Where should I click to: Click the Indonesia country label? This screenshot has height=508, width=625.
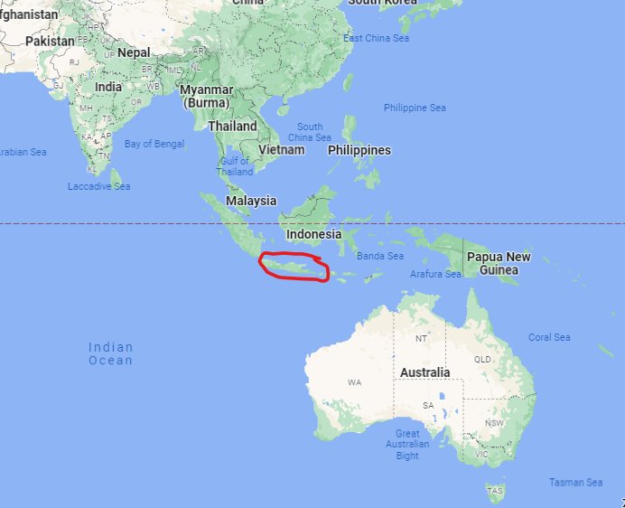tap(314, 234)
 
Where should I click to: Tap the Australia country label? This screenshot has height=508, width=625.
tap(424, 372)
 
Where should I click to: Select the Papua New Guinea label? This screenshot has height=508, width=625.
tap(499, 263)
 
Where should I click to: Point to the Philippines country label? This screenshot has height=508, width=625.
tap(359, 150)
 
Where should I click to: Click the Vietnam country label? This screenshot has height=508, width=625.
tap(281, 150)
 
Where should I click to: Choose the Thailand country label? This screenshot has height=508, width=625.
tap(233, 127)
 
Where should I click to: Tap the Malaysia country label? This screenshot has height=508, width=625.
tap(251, 201)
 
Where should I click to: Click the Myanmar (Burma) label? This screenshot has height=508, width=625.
tap(207, 96)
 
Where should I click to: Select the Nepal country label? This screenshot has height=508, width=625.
tap(134, 52)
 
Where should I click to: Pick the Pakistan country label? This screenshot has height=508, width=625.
tap(51, 42)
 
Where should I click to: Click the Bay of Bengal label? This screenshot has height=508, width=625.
tap(154, 144)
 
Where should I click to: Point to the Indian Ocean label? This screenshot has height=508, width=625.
tap(110, 353)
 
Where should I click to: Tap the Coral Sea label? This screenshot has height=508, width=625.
tap(549, 337)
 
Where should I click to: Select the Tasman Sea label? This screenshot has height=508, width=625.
tap(576, 483)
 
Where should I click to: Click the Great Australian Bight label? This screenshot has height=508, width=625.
tap(407, 445)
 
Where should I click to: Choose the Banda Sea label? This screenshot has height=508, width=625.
tap(379, 256)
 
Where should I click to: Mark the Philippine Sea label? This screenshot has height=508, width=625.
tap(415, 108)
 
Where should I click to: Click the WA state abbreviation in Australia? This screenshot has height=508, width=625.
tap(354, 382)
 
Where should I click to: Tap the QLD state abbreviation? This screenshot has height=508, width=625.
tap(482, 359)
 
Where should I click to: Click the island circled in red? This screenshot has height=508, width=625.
tap(294, 268)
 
